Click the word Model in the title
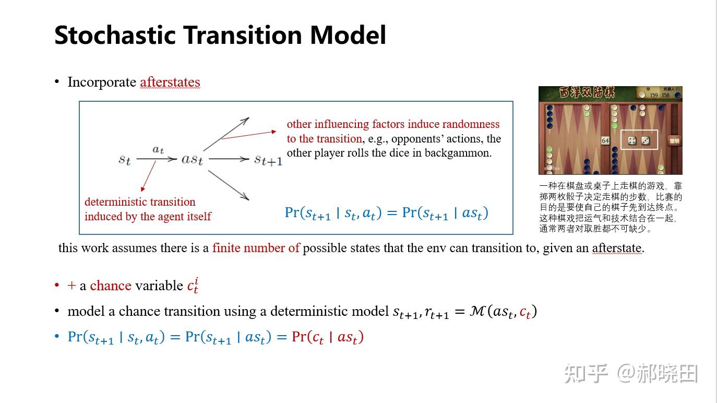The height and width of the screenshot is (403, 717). point(348,35)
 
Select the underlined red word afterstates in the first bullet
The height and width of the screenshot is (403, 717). point(170,82)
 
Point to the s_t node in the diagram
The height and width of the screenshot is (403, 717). point(125,159)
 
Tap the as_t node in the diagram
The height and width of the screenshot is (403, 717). point(192,159)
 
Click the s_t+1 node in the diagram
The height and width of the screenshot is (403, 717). point(268,160)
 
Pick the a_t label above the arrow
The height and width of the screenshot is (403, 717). point(158,149)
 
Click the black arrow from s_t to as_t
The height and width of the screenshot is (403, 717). point(157,159)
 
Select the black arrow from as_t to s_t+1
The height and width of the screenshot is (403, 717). point(229,159)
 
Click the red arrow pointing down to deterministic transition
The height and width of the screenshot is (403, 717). point(149,176)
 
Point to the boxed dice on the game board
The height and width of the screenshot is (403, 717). point(639,140)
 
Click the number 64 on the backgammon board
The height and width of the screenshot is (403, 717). point(605,140)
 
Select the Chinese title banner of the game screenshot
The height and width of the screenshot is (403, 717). point(587,92)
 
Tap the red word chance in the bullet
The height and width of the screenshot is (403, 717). point(111,286)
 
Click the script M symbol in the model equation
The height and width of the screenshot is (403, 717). point(477,311)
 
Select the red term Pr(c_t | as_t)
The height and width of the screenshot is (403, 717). point(328,337)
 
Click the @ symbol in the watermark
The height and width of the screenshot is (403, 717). point(626,373)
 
